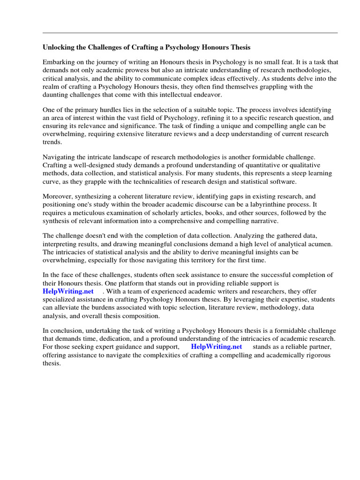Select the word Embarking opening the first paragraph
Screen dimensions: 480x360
59,62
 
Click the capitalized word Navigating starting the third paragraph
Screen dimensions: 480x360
60,157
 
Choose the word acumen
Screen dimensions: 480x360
319,244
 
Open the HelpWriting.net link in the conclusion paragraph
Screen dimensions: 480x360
217,347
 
